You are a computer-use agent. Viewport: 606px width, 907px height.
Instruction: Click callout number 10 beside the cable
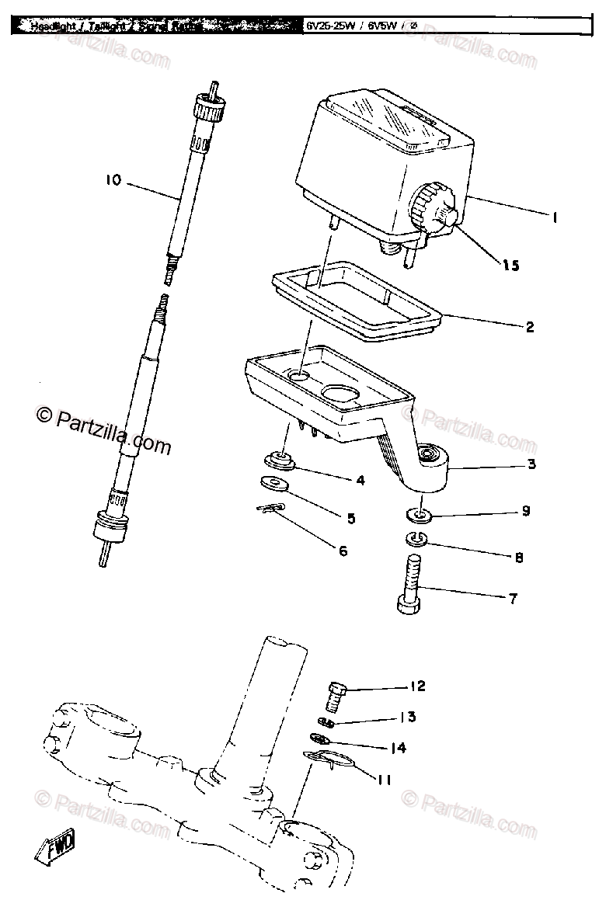(113, 181)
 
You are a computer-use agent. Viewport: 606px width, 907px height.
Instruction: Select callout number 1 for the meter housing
(555, 218)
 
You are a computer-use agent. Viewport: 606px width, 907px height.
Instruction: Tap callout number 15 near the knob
(510, 265)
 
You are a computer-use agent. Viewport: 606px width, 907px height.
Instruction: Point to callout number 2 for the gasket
(529, 326)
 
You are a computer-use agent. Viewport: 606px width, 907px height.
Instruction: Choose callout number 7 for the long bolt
(512, 599)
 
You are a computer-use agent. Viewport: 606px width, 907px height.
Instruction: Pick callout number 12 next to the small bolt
(417, 686)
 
